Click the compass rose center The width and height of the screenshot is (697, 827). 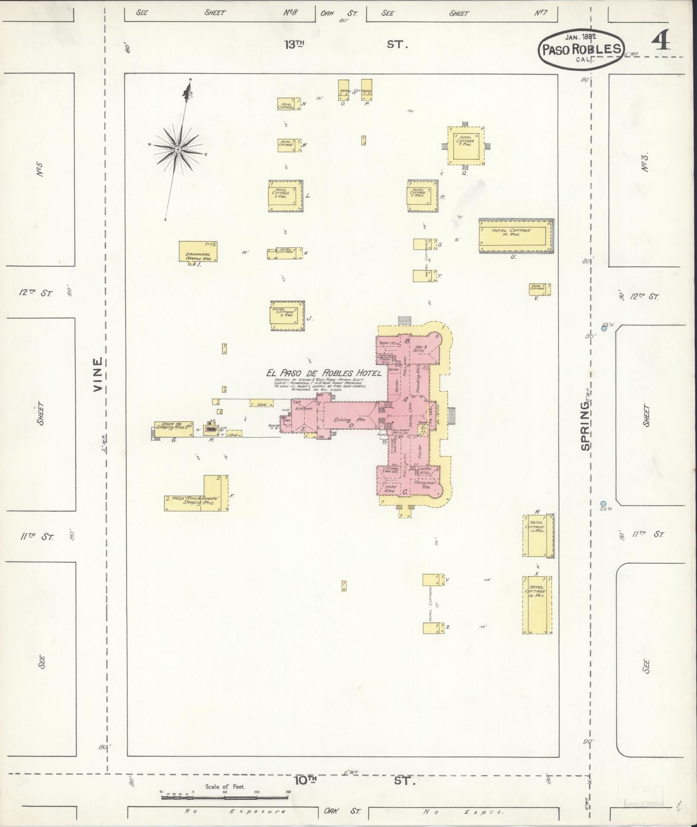click(x=177, y=149)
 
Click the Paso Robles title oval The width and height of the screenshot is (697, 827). click(x=582, y=49)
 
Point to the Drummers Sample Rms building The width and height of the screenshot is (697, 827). click(x=198, y=252)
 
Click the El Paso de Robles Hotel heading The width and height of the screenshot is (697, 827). click(x=324, y=373)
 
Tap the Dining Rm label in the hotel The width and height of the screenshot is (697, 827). click(x=349, y=419)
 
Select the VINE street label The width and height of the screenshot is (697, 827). click(x=98, y=374)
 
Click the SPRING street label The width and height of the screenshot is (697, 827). click(x=586, y=430)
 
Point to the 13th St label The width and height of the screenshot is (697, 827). click(x=346, y=44)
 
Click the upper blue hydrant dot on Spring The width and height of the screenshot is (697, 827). click(x=604, y=329)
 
